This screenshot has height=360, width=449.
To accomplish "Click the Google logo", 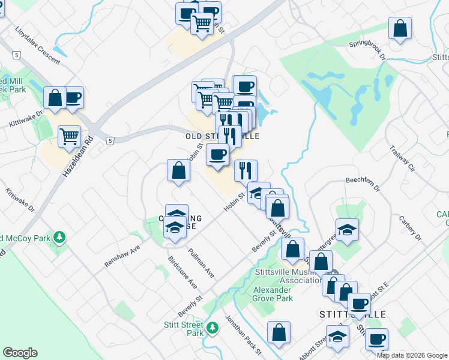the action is pos(20,353).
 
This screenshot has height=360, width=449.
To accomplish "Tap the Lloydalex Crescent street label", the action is pos(38,45).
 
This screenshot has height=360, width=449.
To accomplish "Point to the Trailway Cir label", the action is pos(402,157).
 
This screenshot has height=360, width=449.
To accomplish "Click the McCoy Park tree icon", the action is pos(59,237).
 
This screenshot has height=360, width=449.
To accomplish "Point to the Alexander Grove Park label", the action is pos(273,294).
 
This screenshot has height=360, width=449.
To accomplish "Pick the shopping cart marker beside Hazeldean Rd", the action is pos(70,136).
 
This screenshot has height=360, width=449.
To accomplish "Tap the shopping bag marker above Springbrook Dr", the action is pos(400,28).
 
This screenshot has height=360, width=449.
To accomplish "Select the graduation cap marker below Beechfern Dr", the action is pos(347,230).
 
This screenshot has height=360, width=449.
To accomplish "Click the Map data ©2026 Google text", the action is pos(412,355).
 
